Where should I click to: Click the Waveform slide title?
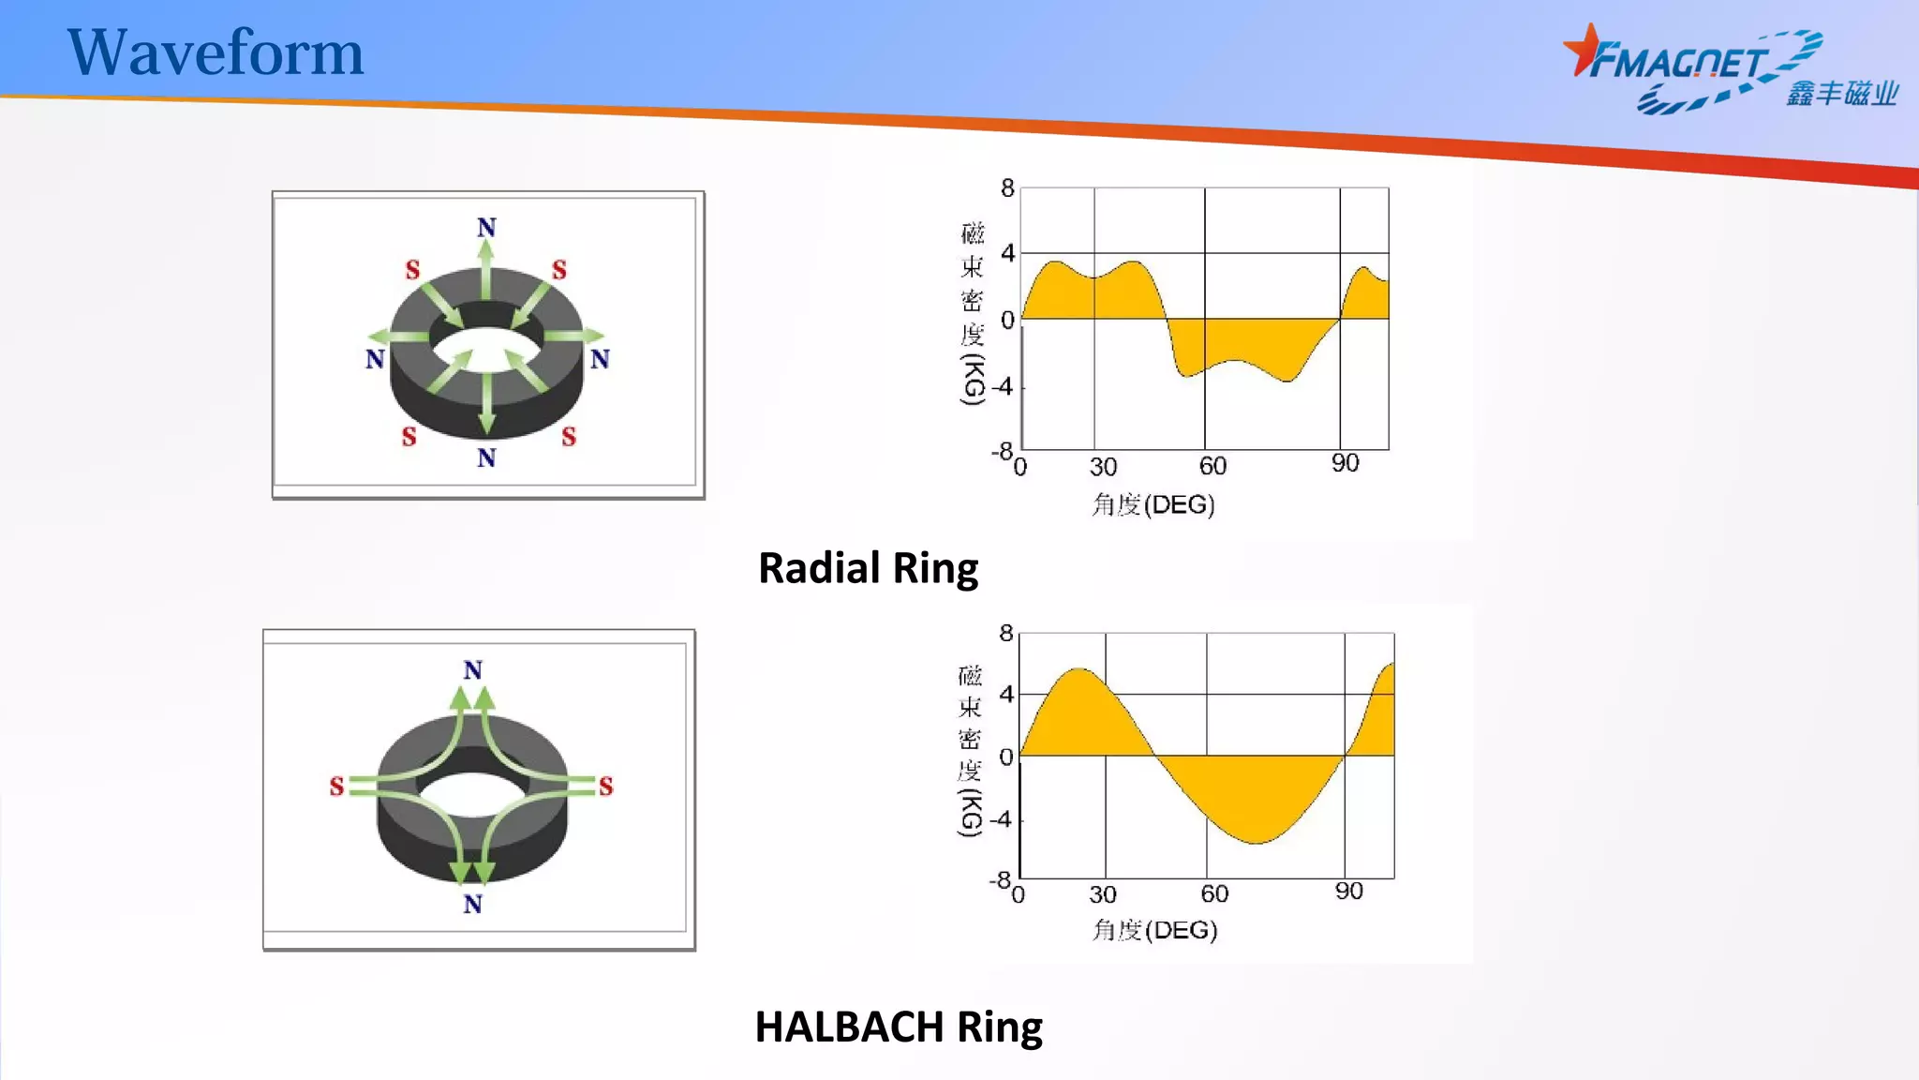point(215,52)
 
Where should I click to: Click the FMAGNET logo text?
point(1677,63)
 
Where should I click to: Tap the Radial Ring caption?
point(868,568)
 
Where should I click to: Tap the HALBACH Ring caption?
point(898,1027)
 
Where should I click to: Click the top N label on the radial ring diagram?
point(486,228)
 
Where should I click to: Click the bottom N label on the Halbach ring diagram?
point(472,904)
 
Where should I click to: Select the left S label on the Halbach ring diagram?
point(336,786)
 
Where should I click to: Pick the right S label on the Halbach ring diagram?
point(605,786)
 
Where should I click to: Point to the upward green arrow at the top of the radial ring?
point(485,267)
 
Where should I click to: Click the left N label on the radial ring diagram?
point(375,359)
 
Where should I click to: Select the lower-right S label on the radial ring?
point(569,437)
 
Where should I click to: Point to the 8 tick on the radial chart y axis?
point(1007,188)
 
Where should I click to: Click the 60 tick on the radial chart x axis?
point(1212,466)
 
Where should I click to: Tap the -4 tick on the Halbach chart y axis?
point(1002,819)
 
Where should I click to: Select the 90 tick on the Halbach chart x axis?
point(1348,891)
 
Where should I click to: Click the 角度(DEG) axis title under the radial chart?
point(1153,504)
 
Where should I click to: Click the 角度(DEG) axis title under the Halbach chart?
point(1154,930)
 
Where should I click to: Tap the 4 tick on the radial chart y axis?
point(1007,253)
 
